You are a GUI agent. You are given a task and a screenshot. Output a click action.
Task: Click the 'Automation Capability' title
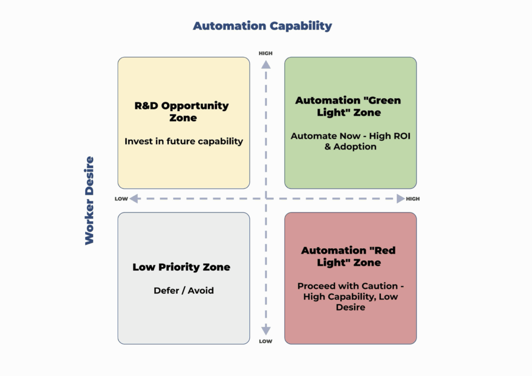pyautogui.click(x=262, y=26)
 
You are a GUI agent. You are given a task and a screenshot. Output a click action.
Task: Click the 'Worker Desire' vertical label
pyautogui.click(x=89, y=200)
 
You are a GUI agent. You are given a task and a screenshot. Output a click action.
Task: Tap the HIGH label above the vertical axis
pyautogui.click(x=265, y=53)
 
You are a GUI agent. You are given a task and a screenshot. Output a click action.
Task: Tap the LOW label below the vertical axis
pyautogui.click(x=265, y=341)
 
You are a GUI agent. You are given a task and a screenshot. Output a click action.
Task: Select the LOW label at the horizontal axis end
pyautogui.click(x=121, y=199)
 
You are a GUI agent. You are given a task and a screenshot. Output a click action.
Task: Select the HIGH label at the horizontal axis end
pyautogui.click(x=413, y=199)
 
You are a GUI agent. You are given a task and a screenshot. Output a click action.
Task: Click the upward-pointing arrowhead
pyautogui.click(x=265, y=64)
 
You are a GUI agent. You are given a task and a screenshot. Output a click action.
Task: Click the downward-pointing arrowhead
pyautogui.click(x=265, y=330)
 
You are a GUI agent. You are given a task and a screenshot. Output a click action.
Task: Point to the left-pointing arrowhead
pyautogui.click(x=134, y=198)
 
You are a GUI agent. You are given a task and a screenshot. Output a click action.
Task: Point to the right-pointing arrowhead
pyautogui.click(x=400, y=198)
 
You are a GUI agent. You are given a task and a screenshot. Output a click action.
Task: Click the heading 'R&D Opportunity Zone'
pyautogui.click(x=182, y=112)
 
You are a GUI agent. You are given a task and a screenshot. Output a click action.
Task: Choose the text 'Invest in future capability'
pyautogui.click(x=184, y=141)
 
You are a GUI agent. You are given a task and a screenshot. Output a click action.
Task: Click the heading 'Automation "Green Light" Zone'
pyautogui.click(x=348, y=106)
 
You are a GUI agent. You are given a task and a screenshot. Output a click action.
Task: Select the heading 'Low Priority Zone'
pyautogui.click(x=181, y=267)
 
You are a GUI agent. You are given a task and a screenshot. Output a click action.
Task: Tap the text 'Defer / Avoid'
pyautogui.click(x=183, y=290)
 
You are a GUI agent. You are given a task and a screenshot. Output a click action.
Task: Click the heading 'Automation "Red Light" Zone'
pyautogui.click(x=349, y=257)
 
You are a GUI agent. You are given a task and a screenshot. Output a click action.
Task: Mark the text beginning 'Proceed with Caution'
pyautogui.click(x=350, y=297)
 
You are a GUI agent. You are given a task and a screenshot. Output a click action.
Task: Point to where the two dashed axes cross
pyautogui.click(x=265, y=198)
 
